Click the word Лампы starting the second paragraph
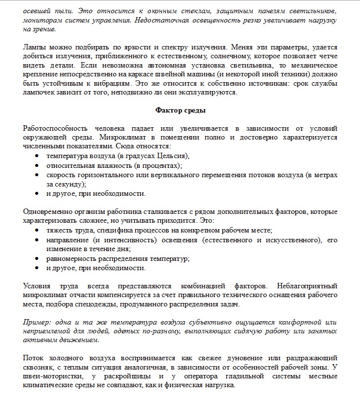pos(33,47)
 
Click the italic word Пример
pos(35,322)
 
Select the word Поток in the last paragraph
pos(33,358)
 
